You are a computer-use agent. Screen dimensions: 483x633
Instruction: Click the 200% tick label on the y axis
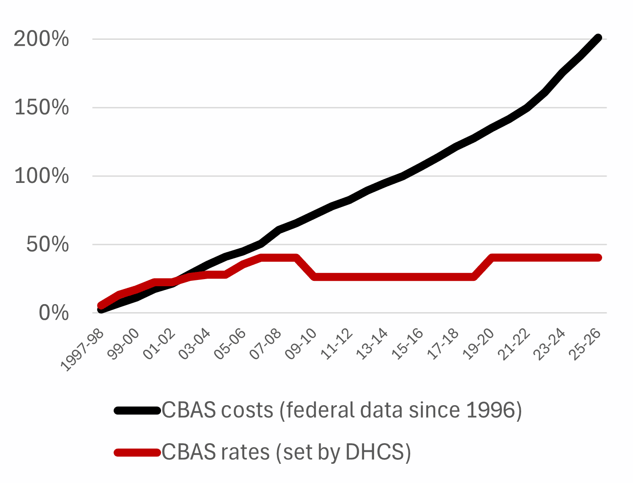41,39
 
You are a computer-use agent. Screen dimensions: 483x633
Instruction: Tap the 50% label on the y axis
47,245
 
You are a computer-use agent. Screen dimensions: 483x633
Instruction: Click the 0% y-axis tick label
53,313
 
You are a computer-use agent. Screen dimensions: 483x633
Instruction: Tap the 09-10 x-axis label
301,344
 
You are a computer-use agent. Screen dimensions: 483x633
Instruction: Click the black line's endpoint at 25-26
598,38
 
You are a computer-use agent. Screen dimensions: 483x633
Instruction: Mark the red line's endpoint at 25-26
598,258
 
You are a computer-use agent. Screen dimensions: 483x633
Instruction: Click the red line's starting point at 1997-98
101,306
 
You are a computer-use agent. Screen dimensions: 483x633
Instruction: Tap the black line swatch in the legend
137,411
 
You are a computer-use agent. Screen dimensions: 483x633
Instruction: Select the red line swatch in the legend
137,453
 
